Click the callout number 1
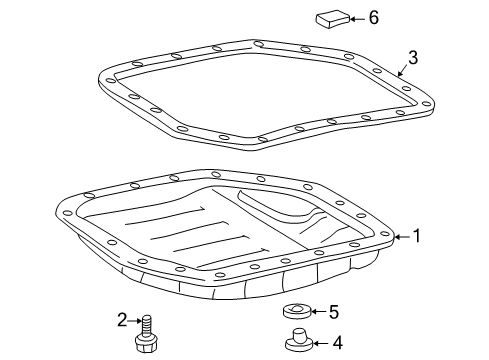(x=417, y=237)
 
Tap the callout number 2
(x=122, y=320)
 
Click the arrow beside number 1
(x=402, y=237)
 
